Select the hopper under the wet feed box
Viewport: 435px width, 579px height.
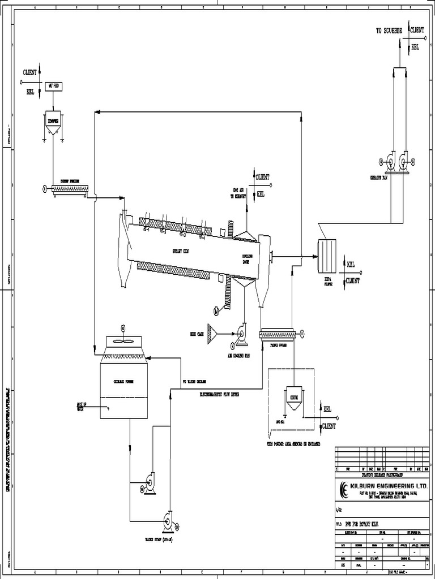pyautogui.click(x=53, y=123)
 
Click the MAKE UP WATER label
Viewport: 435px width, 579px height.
pyautogui.click(x=81, y=407)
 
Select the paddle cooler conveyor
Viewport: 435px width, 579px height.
pyautogui.click(x=278, y=335)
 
